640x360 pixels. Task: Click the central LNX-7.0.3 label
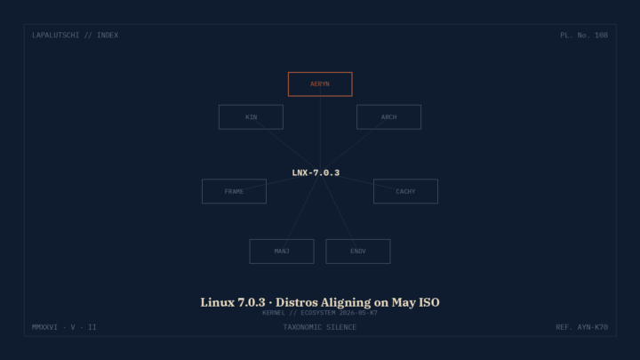316,173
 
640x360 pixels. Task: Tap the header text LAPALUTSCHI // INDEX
75,35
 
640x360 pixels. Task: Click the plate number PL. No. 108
584,35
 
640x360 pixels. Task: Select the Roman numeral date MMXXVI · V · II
64,327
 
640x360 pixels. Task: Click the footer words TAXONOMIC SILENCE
320,327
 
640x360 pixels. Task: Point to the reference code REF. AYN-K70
581,327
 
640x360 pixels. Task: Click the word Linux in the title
218,302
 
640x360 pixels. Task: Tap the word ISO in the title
428,302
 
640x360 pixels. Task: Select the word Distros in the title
296,302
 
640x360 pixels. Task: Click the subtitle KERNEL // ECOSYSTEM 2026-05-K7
320,313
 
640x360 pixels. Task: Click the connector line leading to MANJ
300,212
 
